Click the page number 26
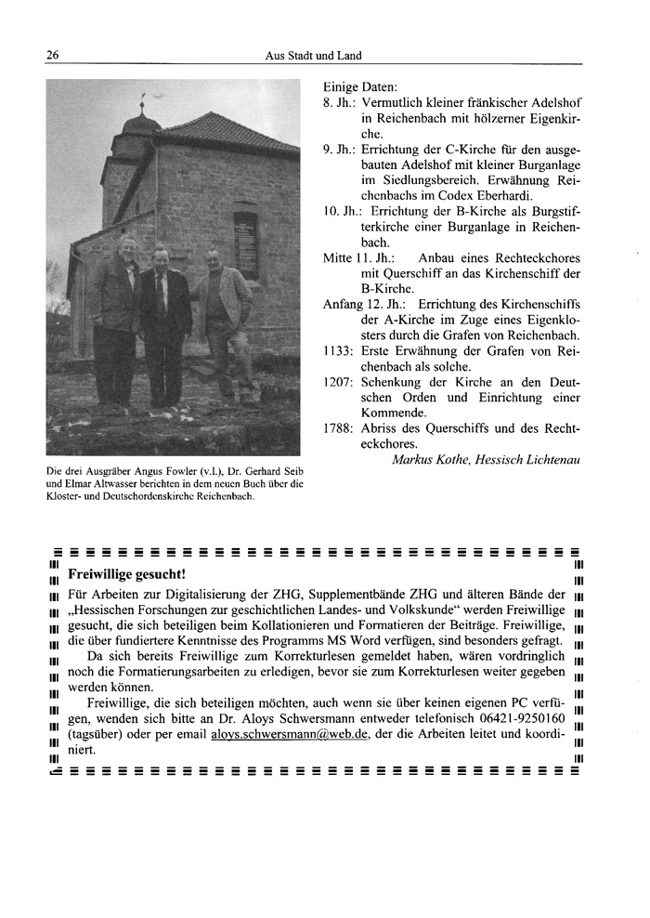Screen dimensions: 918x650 (52, 56)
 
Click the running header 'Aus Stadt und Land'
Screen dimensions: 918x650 (312, 56)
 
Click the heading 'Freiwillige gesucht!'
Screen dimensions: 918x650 (127, 573)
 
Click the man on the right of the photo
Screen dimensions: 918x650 (219, 316)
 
